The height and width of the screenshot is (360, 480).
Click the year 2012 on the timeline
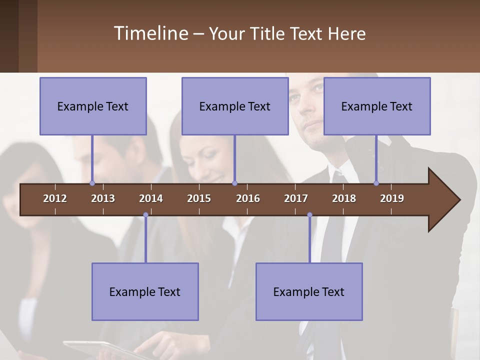click(55, 198)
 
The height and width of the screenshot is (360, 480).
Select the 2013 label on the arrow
click(103, 198)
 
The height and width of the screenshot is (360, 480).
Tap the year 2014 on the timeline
click(151, 198)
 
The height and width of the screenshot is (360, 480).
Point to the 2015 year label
click(199, 198)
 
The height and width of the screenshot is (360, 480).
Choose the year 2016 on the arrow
click(248, 198)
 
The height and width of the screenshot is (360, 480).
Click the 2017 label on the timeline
click(296, 198)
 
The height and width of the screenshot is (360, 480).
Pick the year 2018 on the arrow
click(344, 198)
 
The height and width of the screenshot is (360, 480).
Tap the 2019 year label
click(392, 198)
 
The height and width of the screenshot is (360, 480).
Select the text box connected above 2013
click(93, 106)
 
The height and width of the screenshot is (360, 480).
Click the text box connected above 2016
click(235, 106)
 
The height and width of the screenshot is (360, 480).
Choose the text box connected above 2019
click(377, 106)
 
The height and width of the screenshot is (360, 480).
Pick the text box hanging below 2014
click(145, 291)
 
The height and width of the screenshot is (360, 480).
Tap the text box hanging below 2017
click(309, 291)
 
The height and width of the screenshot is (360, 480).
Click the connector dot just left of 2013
click(92, 183)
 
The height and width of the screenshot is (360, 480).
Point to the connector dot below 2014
click(145, 215)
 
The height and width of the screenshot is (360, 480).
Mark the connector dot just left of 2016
click(234, 183)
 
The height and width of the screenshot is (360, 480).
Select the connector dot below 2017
click(309, 215)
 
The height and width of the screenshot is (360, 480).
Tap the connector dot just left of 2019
click(376, 183)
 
